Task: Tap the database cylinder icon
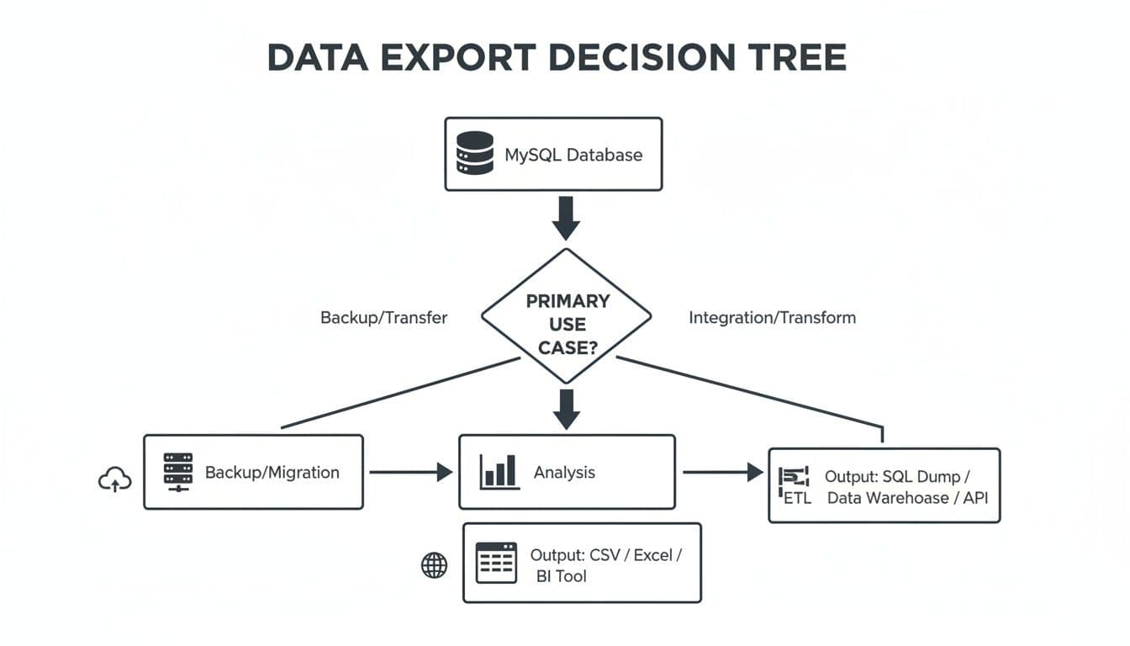[x=474, y=153]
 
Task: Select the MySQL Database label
[x=573, y=155]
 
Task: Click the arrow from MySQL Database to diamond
[x=566, y=218]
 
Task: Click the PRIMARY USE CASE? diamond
[x=567, y=323]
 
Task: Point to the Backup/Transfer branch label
[x=383, y=318]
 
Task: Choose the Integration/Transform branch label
[x=772, y=318]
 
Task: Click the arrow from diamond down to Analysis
[x=567, y=408]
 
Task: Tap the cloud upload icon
[x=115, y=480]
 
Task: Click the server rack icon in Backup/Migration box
[x=177, y=472]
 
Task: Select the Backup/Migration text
[x=272, y=473]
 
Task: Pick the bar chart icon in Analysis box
[x=499, y=472]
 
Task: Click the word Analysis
[x=564, y=473]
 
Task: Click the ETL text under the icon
[x=796, y=498]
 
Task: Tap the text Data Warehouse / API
[x=907, y=498]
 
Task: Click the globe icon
[x=434, y=565]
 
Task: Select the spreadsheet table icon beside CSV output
[x=496, y=563]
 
